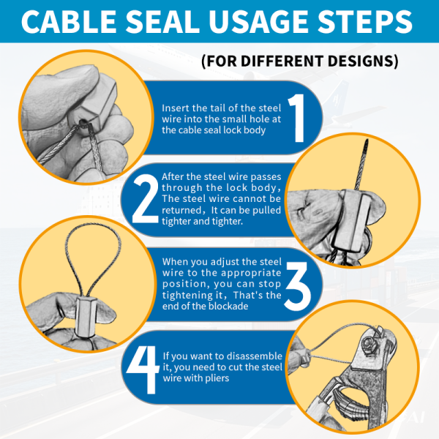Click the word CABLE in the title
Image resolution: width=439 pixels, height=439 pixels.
[69, 21]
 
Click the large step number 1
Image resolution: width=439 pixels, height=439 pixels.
[297, 118]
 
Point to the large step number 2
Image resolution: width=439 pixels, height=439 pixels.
[146, 198]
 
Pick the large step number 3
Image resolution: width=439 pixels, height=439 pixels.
[297, 286]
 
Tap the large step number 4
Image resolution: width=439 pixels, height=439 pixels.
[143, 369]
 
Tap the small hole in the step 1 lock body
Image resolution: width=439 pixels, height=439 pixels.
[83, 123]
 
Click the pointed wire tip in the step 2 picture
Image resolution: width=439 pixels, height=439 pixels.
[367, 140]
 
